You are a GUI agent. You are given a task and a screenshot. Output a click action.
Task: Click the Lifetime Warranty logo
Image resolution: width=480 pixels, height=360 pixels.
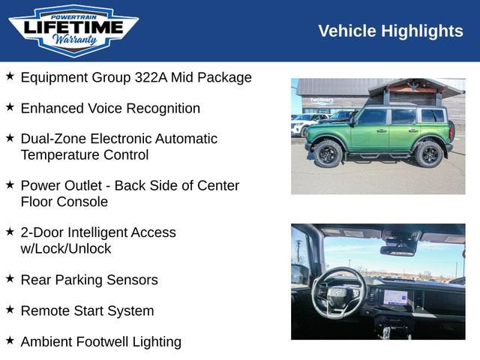tap(73, 30)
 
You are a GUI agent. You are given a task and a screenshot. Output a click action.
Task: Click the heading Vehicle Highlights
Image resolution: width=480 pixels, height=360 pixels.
tap(391, 31)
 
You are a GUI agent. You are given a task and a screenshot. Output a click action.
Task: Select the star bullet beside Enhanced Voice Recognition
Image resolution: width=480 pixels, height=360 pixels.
tap(10, 107)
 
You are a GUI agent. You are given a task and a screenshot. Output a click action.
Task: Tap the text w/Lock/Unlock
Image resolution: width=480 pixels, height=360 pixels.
tap(66, 248)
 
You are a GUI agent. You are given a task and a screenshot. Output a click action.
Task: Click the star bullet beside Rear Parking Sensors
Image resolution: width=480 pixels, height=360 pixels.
tap(10, 279)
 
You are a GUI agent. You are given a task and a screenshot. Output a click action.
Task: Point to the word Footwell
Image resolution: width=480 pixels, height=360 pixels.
tap(103, 342)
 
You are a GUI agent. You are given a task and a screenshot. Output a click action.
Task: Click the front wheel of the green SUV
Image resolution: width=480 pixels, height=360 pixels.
tap(328, 154)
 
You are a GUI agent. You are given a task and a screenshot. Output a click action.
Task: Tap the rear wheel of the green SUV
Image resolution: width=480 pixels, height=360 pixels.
tap(429, 154)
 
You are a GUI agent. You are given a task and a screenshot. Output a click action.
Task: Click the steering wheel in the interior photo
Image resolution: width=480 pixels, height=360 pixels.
tap(338, 293)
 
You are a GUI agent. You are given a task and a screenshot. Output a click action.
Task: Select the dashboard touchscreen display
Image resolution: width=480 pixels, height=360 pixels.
tap(398, 296)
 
